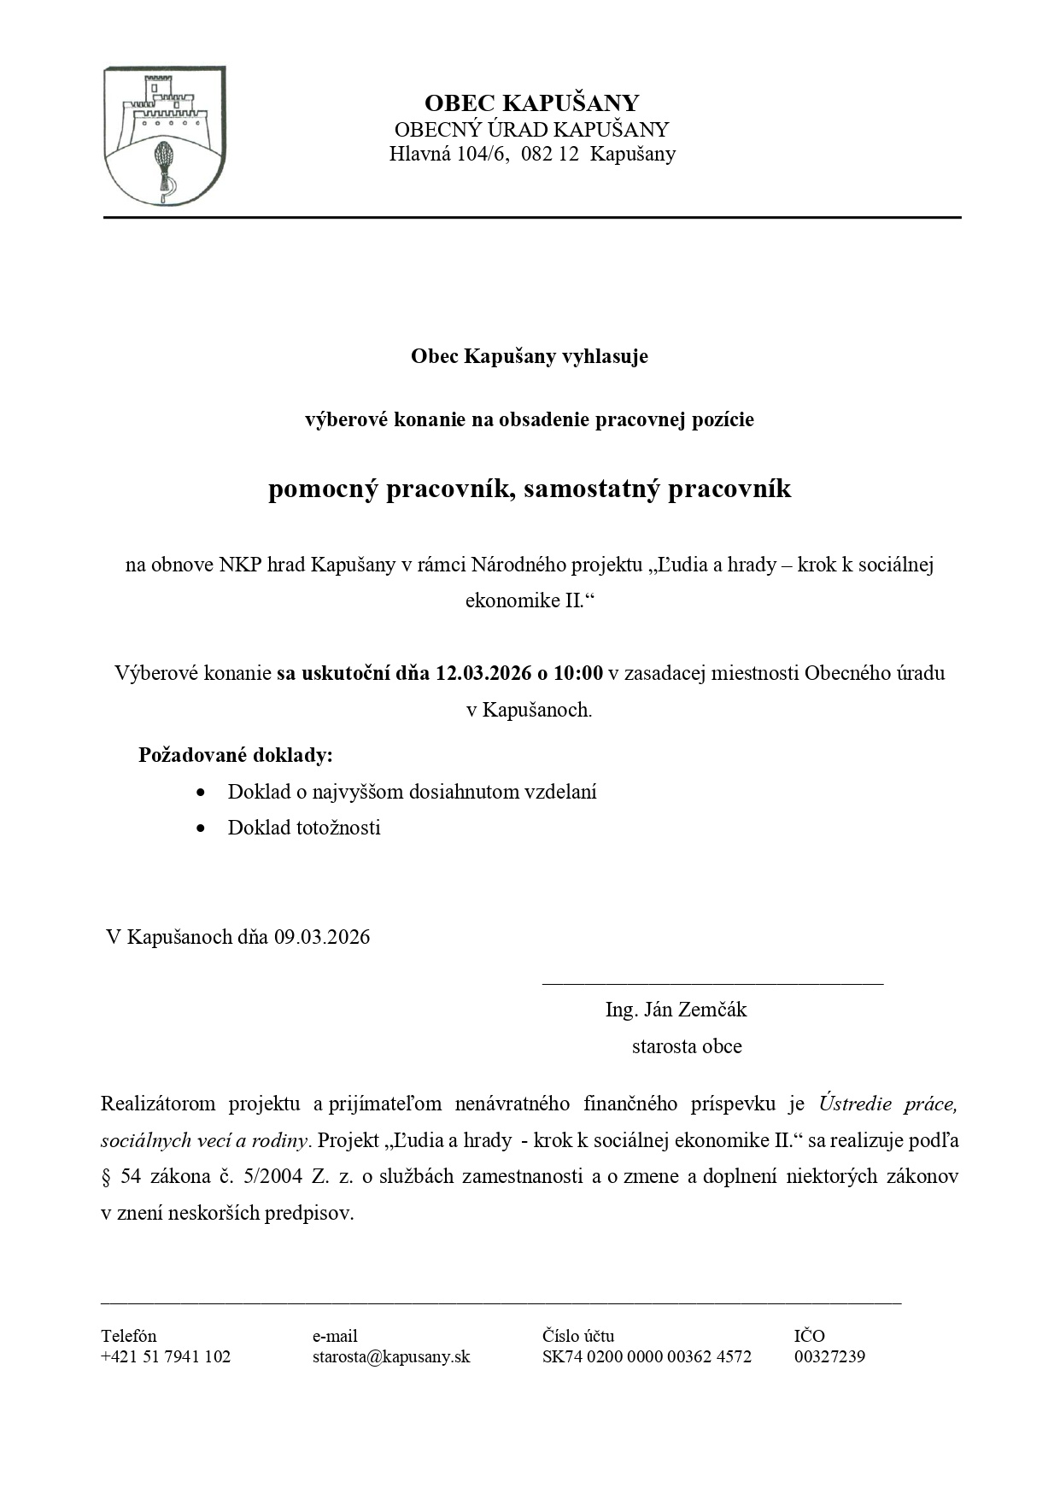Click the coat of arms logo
164,137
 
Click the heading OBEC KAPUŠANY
531,103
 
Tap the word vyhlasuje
605,356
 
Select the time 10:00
578,673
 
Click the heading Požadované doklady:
236,756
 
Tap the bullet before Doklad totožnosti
201,828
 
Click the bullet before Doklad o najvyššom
201,792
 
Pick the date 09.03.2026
322,937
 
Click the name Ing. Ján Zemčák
676,1010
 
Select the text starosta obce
687,1046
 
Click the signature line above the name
712,984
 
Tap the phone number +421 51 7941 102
166,1356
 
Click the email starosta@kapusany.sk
391,1356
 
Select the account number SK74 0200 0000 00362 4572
647,1356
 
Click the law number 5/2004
272,1176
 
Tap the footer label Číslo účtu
577,1336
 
